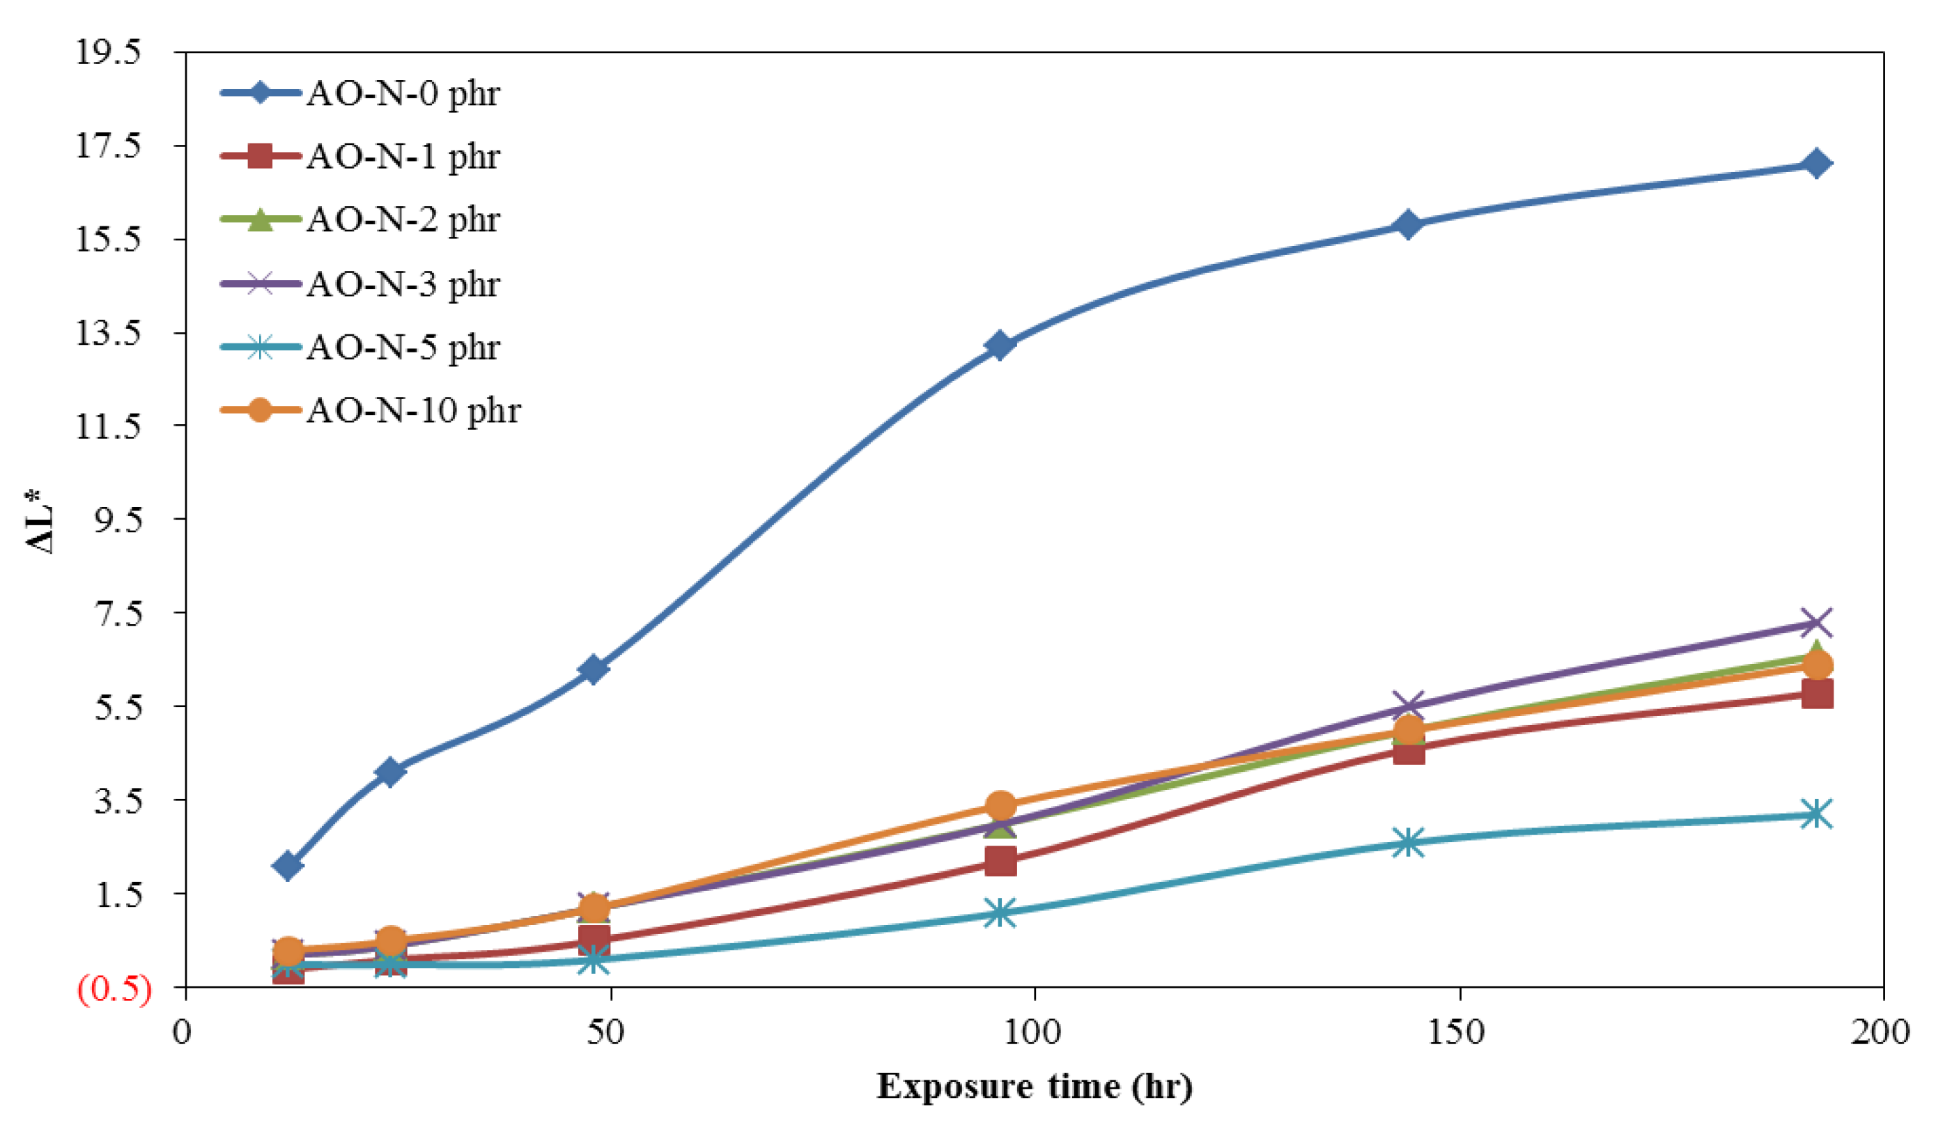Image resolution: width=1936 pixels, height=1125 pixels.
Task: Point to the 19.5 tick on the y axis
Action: click(x=107, y=52)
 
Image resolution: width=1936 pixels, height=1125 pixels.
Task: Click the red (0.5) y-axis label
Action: click(x=114, y=989)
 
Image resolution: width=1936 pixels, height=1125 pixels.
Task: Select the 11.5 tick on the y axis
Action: click(x=107, y=426)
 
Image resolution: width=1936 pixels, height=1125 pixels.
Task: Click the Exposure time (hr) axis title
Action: click(x=1034, y=1086)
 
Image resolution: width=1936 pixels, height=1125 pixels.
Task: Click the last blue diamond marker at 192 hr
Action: click(x=1816, y=164)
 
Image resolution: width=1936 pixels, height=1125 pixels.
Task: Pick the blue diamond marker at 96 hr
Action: click(x=1000, y=346)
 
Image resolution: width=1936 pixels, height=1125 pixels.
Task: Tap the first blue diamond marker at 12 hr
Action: click(x=288, y=866)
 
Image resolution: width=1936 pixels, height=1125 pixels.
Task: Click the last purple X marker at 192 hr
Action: click(x=1816, y=623)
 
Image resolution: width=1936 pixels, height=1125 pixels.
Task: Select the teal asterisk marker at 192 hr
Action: click(x=1816, y=814)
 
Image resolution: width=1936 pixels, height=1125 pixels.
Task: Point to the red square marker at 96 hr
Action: click(x=1000, y=862)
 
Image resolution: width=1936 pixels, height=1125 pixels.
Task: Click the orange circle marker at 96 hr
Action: click(x=1000, y=806)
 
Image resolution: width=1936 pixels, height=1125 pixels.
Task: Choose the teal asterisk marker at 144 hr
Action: click(x=1409, y=842)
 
